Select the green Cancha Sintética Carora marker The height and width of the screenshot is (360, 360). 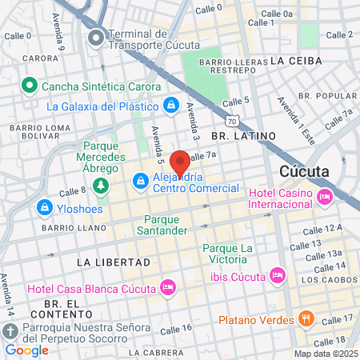30,85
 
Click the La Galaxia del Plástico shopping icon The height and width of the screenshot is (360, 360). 171,105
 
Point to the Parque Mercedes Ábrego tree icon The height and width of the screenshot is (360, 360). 101,186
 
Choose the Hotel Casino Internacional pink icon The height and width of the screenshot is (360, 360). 324,196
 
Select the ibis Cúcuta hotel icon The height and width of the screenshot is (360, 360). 277,275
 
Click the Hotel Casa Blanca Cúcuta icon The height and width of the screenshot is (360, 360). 167,287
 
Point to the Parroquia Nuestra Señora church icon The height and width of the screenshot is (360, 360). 10,330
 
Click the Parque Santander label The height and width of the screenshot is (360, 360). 166,225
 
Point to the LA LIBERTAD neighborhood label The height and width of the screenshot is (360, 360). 113,262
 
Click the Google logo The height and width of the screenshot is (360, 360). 26,350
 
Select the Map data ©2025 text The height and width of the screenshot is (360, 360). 325,354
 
